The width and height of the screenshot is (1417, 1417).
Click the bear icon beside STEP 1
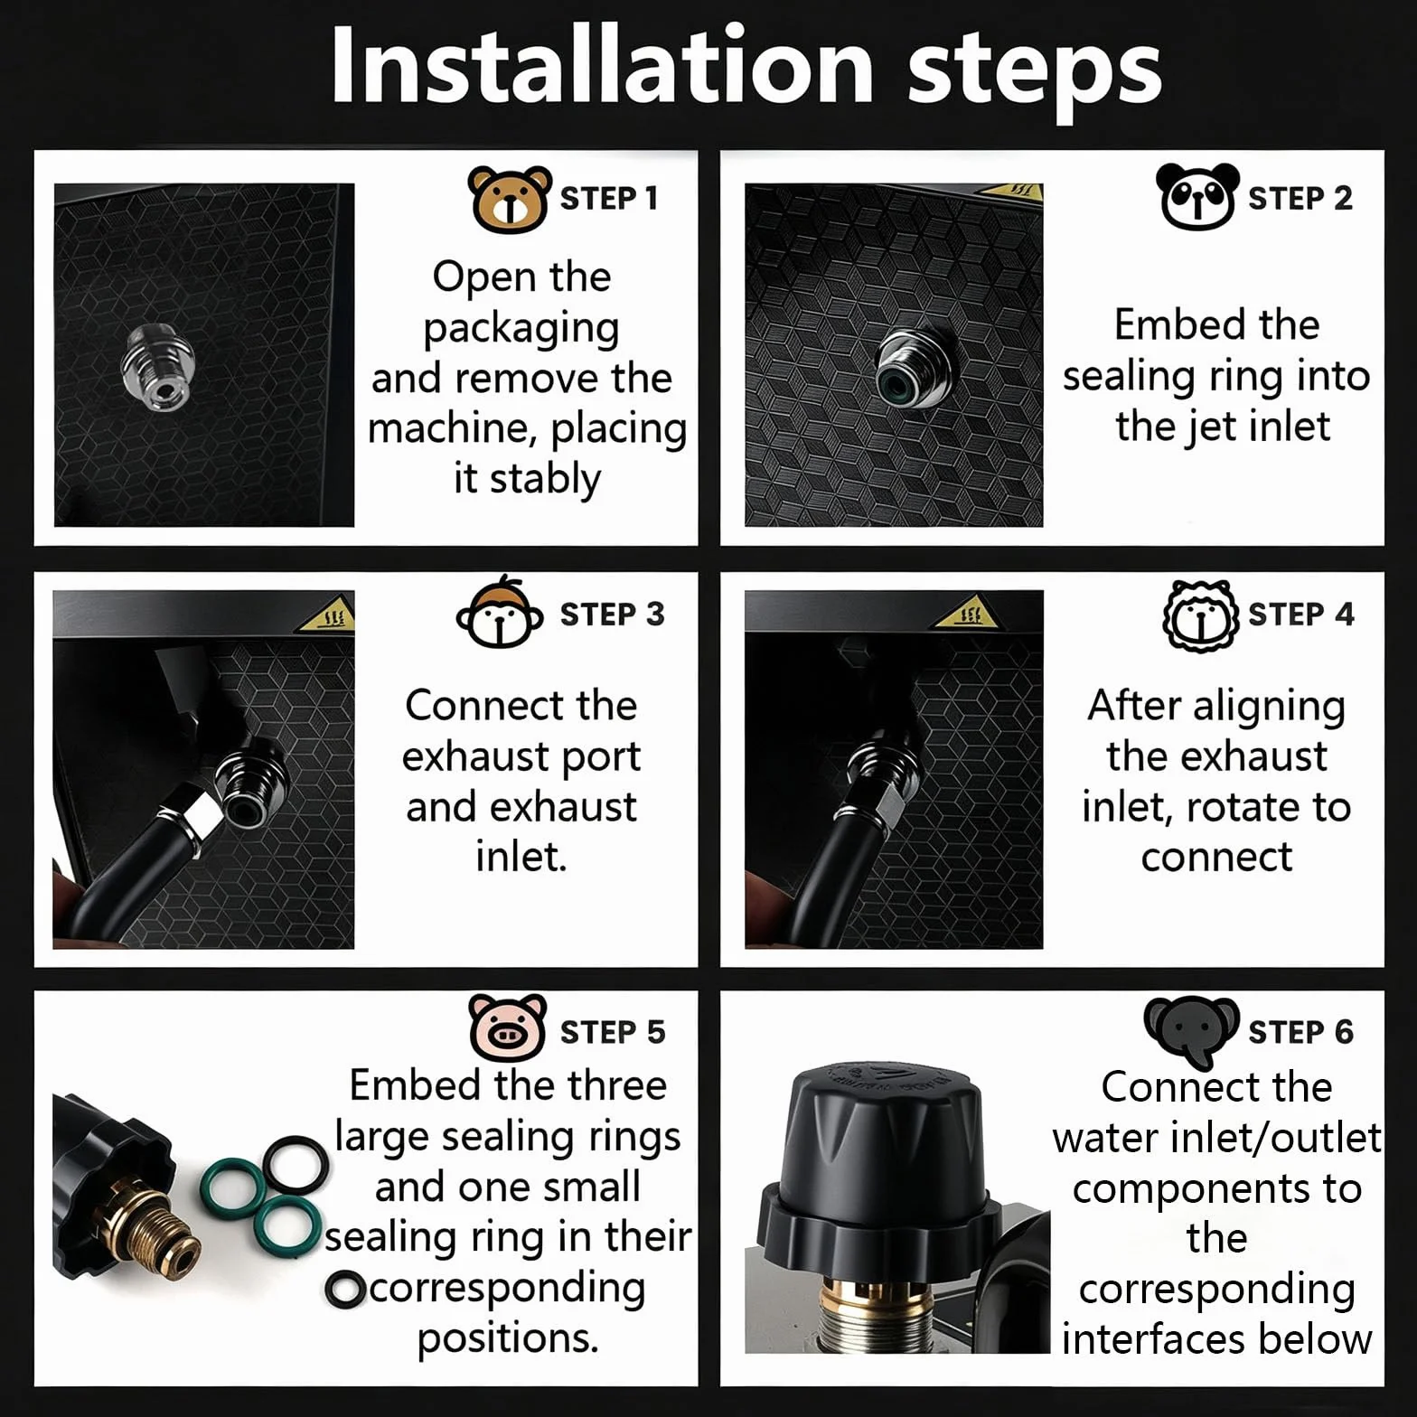pyautogui.click(x=509, y=199)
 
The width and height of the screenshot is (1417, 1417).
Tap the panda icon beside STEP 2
pyautogui.click(x=1196, y=196)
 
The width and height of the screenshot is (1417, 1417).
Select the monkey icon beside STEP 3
pyautogui.click(x=500, y=613)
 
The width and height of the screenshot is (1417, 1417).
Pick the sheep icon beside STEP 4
pyautogui.click(x=1199, y=615)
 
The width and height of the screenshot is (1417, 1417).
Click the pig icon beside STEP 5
pyautogui.click(x=507, y=1028)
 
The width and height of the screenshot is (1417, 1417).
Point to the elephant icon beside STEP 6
pyautogui.click(x=1191, y=1029)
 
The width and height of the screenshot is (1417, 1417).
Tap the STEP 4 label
pyautogui.click(x=1300, y=615)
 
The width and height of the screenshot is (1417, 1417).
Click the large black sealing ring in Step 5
pyautogui.click(x=296, y=1164)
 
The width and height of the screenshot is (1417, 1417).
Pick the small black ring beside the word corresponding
pyautogui.click(x=345, y=1290)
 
